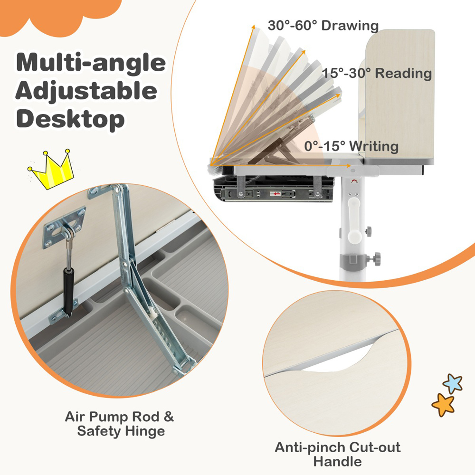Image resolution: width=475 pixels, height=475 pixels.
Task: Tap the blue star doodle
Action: point(453,383)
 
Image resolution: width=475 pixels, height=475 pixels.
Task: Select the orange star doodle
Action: point(443,405)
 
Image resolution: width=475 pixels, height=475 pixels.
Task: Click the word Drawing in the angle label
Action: point(350,26)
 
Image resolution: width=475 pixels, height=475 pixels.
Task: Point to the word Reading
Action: point(403,73)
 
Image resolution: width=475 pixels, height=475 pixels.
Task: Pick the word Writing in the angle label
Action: point(374,147)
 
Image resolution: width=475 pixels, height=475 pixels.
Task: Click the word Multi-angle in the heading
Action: point(91,63)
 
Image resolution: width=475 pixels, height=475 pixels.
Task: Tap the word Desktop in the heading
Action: point(70,119)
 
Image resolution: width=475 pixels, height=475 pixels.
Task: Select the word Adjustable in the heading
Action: point(86,91)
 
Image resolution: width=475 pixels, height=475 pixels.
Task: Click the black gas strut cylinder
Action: point(68,291)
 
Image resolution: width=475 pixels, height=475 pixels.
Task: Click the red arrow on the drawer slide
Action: point(275,194)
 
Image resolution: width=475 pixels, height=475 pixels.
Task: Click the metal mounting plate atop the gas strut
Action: point(64,227)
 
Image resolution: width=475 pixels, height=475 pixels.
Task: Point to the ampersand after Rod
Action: point(169,417)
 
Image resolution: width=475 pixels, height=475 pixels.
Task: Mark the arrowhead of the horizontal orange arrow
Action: point(349,165)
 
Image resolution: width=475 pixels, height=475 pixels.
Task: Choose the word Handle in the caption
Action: point(337,462)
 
